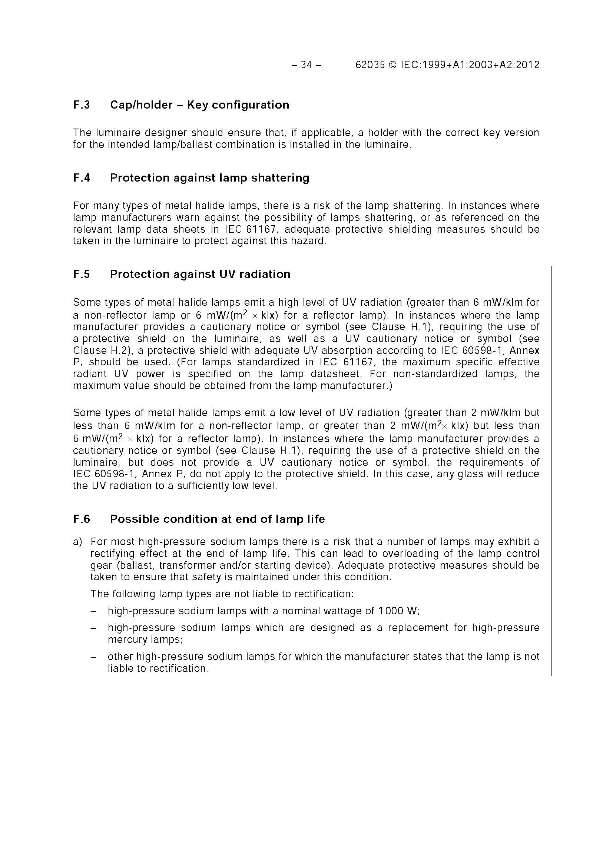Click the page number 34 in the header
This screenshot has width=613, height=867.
pos(306,65)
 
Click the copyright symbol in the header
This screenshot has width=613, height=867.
pos(392,65)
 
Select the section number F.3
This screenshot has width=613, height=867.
pos(82,105)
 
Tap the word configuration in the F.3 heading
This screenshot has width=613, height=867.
pos(251,105)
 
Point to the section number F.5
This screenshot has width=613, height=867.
pos(82,274)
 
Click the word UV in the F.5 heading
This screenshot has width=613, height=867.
pos(226,274)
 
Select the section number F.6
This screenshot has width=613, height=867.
pos(82,519)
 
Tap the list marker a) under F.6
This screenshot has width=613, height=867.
pos(77,542)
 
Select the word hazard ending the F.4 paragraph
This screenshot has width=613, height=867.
pos(312,241)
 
